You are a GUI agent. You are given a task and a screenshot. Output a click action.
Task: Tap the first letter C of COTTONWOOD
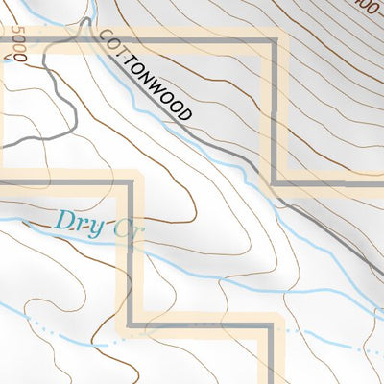[103, 37]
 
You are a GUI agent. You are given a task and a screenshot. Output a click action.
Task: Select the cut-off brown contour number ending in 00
[363, 5]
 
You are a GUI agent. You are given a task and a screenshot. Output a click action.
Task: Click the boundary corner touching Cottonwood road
[276, 181]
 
